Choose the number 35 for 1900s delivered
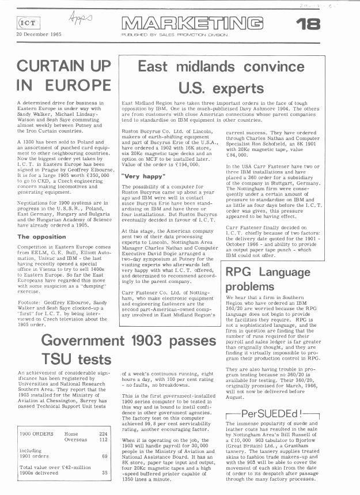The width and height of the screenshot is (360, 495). pos(105,473)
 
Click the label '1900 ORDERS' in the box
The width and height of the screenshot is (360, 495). pos(37,434)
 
